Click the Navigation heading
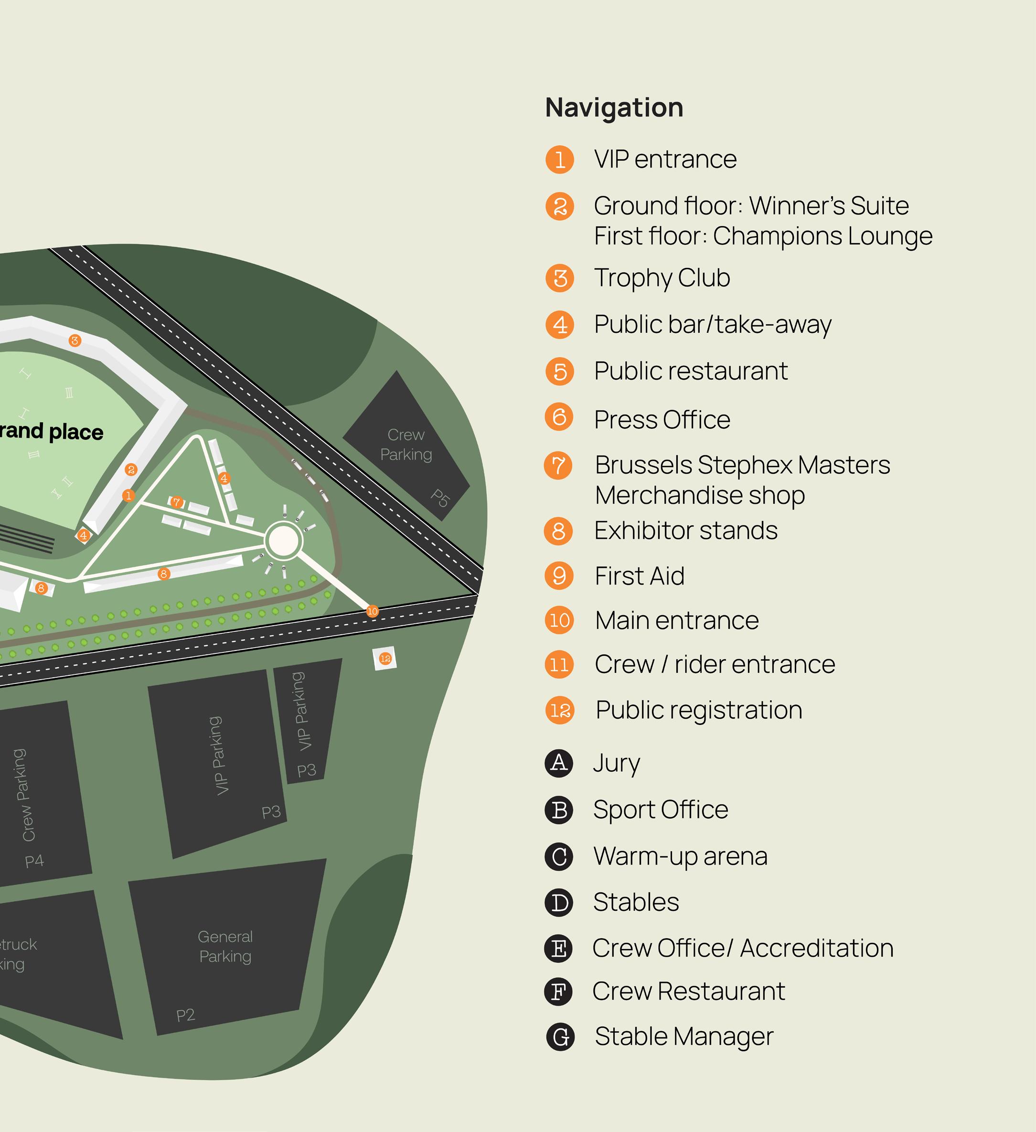coord(614,107)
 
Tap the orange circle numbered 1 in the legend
coord(559,160)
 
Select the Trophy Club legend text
coord(662,278)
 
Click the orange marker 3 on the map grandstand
coord(75,340)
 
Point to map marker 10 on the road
coord(372,611)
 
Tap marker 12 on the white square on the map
coord(385,659)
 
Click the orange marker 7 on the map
coord(177,502)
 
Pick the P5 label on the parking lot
coord(440,498)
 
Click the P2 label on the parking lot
coord(185,1015)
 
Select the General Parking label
coord(225,946)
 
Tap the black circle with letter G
coord(560,1036)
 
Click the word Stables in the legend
coord(636,902)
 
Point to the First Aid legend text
coord(639,576)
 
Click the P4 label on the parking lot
coord(34,861)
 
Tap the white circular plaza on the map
coord(284,540)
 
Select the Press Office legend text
coord(662,420)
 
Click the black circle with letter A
coord(559,763)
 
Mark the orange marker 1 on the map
coord(128,495)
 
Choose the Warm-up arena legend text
coord(680,856)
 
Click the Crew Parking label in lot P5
coord(406,444)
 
